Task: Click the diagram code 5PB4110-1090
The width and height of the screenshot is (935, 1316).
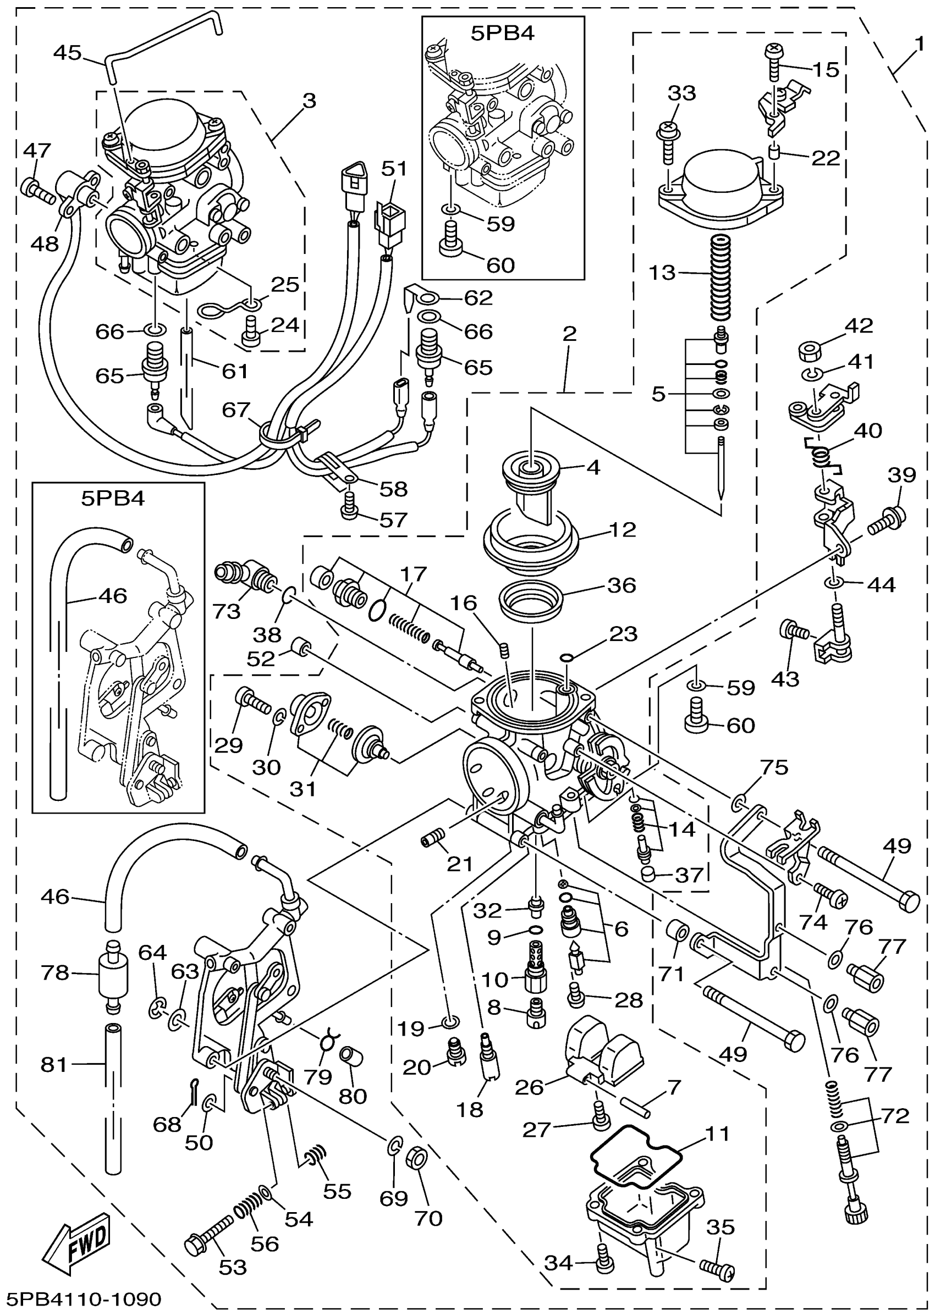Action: click(x=84, y=1298)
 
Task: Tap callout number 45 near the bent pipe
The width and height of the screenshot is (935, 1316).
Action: click(x=67, y=53)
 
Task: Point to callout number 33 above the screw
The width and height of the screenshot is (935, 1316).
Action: click(x=681, y=93)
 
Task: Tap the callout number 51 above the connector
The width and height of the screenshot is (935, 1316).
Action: click(x=394, y=169)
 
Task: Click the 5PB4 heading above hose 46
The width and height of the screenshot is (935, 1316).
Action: click(x=113, y=497)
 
